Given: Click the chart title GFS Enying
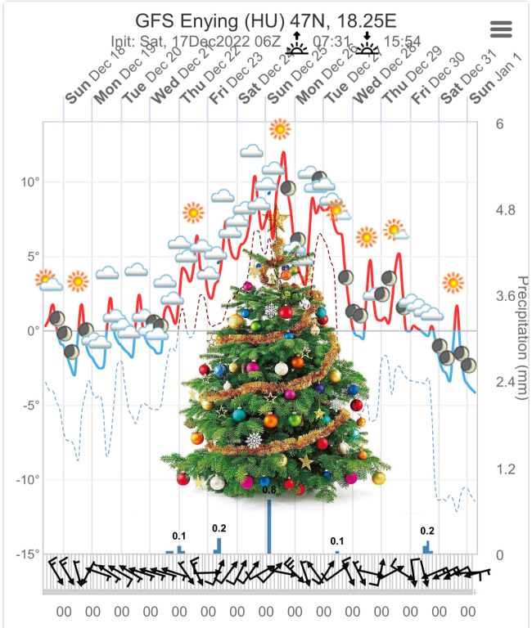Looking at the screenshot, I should (x=264, y=20).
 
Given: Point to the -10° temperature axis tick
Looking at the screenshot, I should (x=27, y=479).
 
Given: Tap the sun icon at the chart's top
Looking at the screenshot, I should (x=281, y=129).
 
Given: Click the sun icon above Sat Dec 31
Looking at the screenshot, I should (x=453, y=283).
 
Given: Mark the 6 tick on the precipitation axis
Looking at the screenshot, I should (x=498, y=123).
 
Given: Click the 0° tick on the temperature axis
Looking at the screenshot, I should (x=33, y=330).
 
